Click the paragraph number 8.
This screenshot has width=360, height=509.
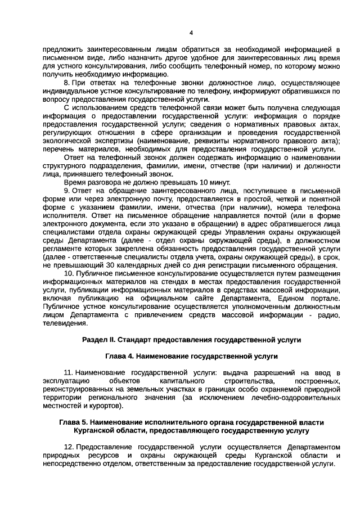[x=66, y=82]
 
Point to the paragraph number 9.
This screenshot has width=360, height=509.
[x=66, y=191]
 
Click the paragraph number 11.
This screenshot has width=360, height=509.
[x=68, y=372]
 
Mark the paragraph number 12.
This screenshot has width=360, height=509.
[x=68, y=445]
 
